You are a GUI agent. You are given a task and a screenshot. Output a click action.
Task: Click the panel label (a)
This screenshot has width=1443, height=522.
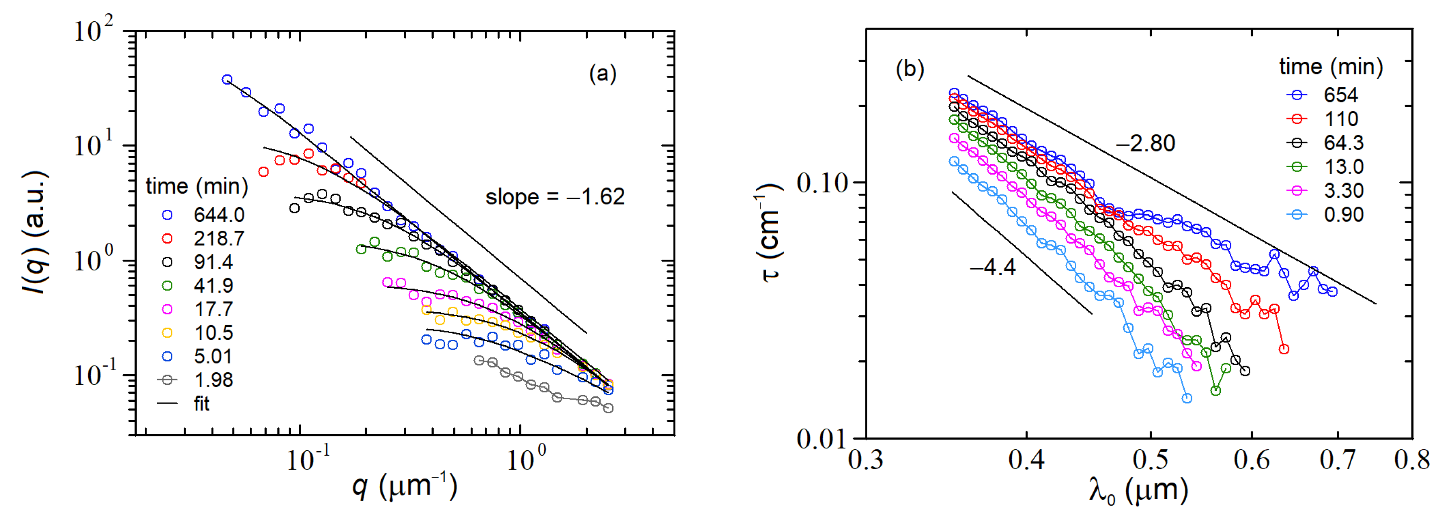(602, 73)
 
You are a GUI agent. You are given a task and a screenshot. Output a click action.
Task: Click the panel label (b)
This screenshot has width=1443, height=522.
(910, 69)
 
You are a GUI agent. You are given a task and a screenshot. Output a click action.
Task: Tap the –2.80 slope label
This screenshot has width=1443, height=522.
(1145, 143)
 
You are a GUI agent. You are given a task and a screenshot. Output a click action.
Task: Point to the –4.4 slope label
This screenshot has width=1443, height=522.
(992, 267)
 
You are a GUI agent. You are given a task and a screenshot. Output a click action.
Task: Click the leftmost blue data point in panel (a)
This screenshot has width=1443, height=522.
(227, 80)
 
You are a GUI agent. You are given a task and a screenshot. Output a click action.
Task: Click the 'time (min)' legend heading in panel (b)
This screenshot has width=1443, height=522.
(1330, 67)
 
